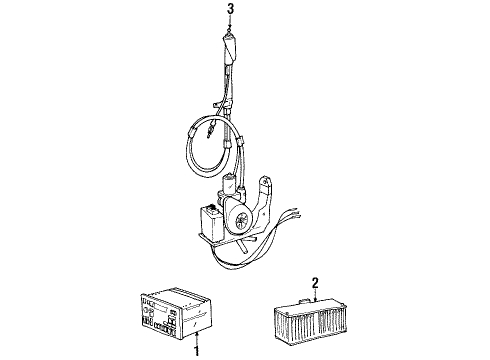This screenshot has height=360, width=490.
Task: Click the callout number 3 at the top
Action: (x=230, y=9)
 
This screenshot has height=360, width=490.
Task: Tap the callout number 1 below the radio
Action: (x=196, y=351)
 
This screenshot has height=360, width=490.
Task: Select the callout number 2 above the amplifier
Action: (x=315, y=283)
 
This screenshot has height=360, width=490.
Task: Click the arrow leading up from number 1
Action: (x=197, y=338)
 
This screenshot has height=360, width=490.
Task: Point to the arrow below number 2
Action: (x=315, y=295)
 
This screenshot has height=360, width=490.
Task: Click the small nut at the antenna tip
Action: (x=230, y=31)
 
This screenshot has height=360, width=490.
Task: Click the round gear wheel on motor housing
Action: (x=240, y=219)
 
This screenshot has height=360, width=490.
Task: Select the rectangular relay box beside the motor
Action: (x=211, y=222)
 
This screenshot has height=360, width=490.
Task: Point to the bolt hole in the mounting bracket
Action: (x=266, y=182)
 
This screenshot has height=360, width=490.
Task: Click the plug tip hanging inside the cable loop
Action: (x=210, y=133)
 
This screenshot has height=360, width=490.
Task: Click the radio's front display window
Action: (x=159, y=306)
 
